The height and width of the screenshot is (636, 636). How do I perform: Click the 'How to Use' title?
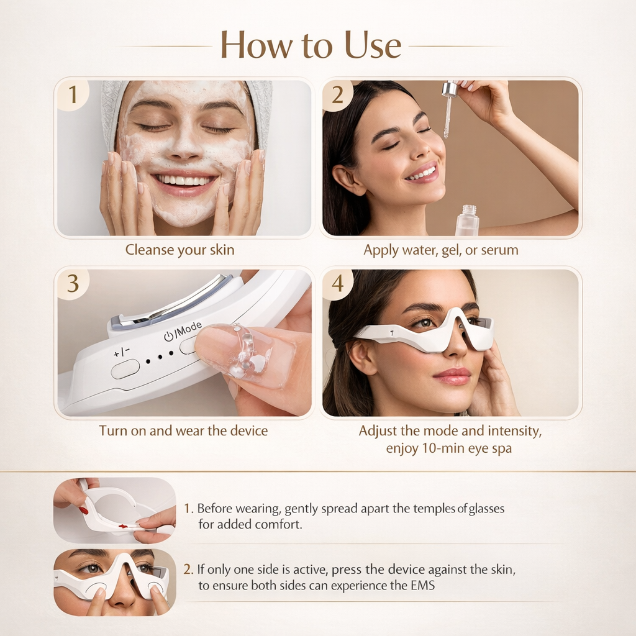click(x=311, y=45)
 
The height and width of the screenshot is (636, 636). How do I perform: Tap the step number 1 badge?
click(x=73, y=95)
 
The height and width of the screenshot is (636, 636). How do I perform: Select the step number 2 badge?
click(x=338, y=95)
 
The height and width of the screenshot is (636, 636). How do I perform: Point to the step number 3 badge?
click(x=73, y=283)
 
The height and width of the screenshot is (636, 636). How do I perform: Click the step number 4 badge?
click(x=338, y=283)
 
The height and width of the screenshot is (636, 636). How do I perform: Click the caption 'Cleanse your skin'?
click(x=180, y=250)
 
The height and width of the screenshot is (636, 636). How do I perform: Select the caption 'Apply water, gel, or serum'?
click(x=441, y=250)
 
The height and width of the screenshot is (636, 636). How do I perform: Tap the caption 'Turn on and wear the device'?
click(x=183, y=430)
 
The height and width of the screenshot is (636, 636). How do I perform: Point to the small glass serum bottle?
click(x=466, y=221)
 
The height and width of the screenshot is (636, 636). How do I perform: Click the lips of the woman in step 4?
click(x=453, y=376)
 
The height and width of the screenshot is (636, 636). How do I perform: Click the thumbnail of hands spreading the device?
click(x=115, y=510)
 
